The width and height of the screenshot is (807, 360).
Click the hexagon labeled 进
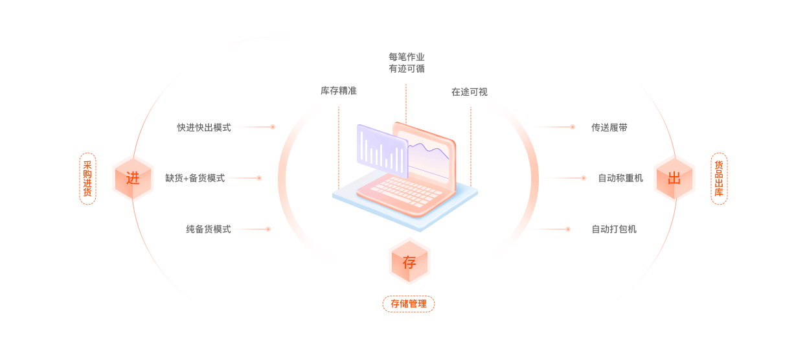click(133, 178)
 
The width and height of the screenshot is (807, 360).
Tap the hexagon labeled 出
click(674, 178)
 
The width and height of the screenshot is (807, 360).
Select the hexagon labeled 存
click(409, 262)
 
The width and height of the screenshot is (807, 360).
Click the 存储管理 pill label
click(409, 304)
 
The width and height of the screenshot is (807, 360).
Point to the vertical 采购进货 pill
click(87, 179)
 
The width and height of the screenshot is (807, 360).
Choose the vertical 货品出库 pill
click(719, 179)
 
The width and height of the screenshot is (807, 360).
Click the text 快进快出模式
click(204, 128)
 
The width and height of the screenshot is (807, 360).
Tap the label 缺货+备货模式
click(195, 178)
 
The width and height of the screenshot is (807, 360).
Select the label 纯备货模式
click(209, 229)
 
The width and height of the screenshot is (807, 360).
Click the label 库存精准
click(339, 91)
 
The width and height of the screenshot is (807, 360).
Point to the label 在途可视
click(470, 92)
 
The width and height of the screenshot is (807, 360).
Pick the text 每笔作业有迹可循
click(407, 63)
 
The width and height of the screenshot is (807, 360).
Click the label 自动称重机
click(620, 178)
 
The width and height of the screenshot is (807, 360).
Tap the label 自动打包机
click(614, 229)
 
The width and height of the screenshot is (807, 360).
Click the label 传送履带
click(609, 128)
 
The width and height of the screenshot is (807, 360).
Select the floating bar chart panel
click(382, 151)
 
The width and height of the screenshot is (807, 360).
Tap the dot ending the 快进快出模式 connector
click(273, 127)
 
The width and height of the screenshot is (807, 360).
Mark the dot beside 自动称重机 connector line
click(583, 178)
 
